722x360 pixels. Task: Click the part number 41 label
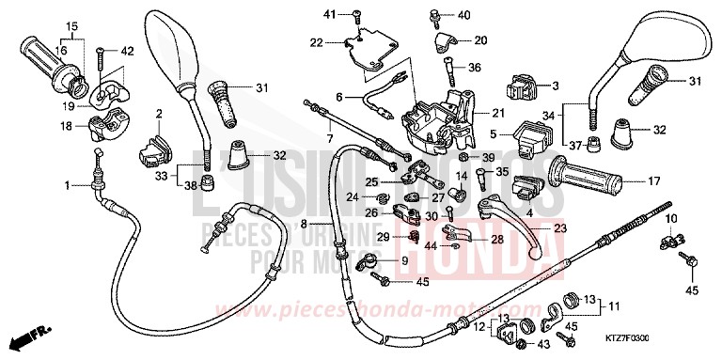click(329, 13)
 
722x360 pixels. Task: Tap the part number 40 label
click(463, 16)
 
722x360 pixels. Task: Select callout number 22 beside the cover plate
click(317, 41)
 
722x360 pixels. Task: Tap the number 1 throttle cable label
click(68, 186)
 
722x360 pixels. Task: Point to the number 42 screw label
click(127, 50)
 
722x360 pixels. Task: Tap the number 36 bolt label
click(475, 67)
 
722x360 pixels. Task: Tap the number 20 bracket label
click(480, 40)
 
